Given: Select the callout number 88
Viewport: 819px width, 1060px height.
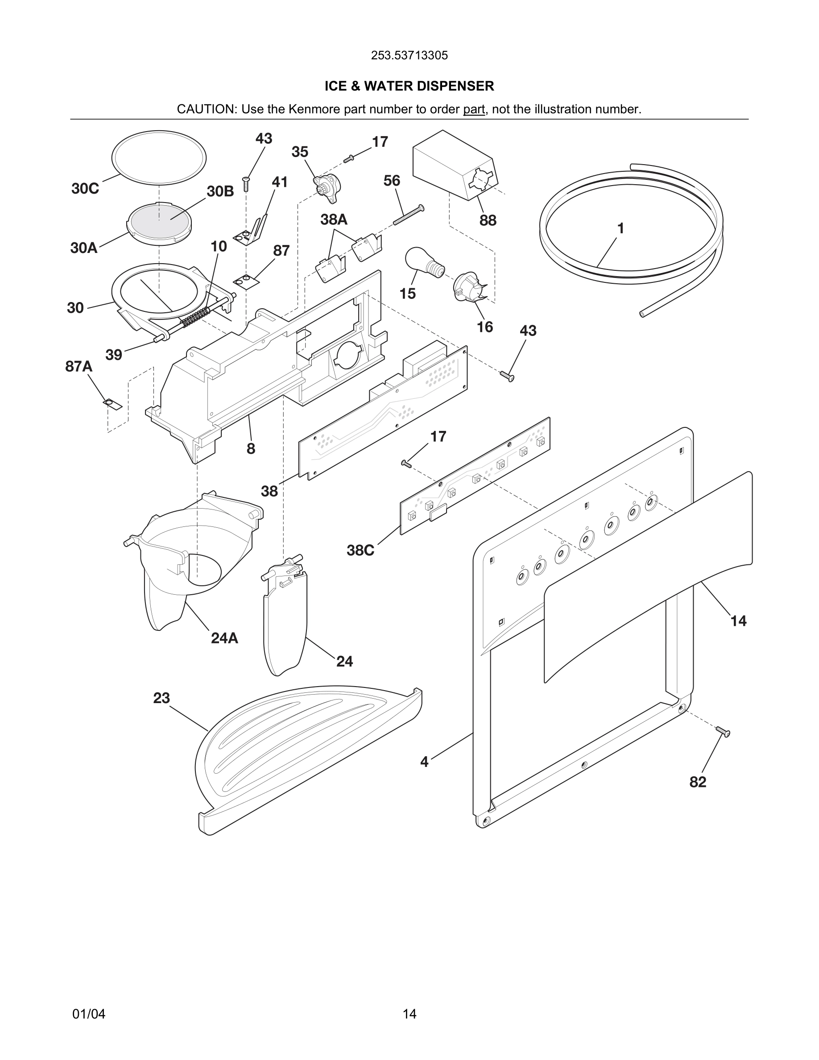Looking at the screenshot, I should [488, 220].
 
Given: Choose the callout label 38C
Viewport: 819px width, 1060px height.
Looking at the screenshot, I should [360, 551].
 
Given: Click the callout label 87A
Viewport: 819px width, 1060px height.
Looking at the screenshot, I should [79, 366].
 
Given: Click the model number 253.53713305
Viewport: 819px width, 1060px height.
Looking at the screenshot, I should [409, 55].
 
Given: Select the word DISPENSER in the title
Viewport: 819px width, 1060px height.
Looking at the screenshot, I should [455, 86].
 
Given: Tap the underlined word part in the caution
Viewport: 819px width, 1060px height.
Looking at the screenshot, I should [474, 109].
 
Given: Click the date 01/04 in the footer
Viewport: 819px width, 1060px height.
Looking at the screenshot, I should [89, 1014].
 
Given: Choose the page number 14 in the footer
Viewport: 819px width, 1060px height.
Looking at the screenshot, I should [409, 1014].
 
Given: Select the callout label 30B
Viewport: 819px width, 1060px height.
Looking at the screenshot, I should [220, 192].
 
